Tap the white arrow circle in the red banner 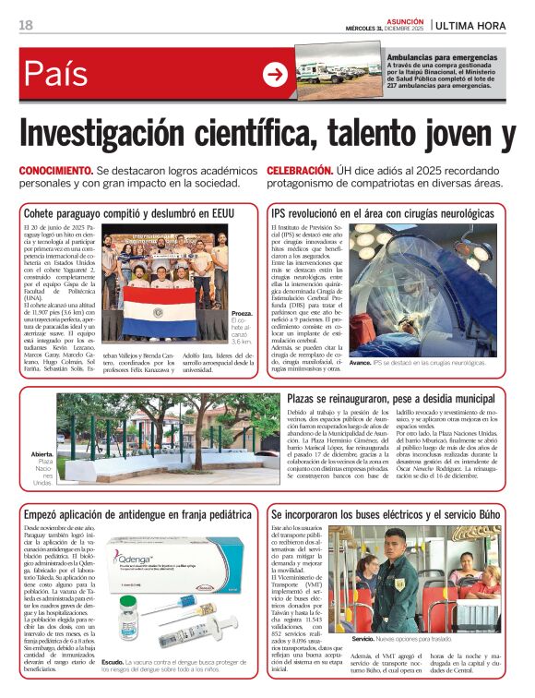point(274,74)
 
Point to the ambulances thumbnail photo point(339,74)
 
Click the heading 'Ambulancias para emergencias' point(442,57)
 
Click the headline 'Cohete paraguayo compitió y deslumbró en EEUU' point(129,213)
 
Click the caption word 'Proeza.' point(244,314)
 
